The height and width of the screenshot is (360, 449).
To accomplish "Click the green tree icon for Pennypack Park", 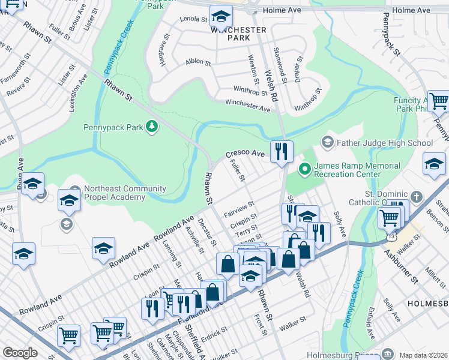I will [x=152, y=127].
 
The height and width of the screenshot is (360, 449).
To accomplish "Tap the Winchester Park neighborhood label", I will [x=238, y=34].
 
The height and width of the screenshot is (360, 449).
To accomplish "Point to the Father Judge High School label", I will [x=384, y=143].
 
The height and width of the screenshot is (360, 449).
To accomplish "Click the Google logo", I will [x=20, y=353].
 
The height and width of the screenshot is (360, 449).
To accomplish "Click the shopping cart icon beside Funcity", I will [x=439, y=101].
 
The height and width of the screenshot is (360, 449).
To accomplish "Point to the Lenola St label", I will [x=193, y=19].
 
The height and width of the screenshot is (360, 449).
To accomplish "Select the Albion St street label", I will [x=198, y=62].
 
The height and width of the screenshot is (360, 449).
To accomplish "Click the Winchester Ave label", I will [x=247, y=106].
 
